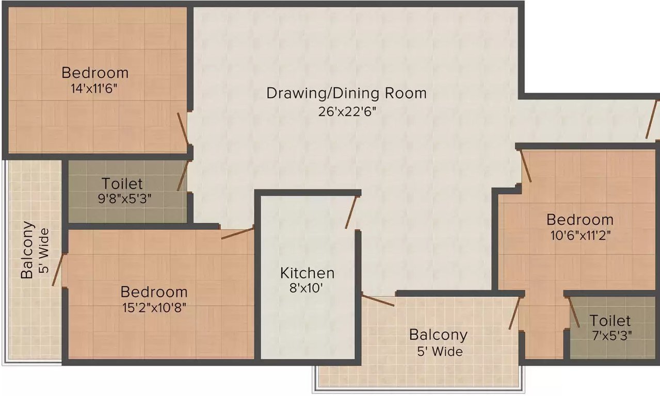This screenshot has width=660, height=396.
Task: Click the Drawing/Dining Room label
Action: (346, 93)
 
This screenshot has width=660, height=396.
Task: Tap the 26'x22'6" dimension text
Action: (346, 111)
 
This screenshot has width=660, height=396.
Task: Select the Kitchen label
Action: (307, 273)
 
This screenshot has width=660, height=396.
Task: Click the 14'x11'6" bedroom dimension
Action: (95, 88)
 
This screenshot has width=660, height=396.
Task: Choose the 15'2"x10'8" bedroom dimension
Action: (154, 308)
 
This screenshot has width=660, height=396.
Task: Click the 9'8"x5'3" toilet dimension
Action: (122, 198)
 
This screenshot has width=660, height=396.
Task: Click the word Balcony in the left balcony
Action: (27, 250)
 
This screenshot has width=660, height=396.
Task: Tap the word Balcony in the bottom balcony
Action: (438, 335)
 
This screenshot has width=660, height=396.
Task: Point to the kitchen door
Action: (351, 212)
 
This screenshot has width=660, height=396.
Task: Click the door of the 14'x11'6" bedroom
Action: (182, 128)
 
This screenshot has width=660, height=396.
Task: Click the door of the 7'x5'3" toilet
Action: (574, 312)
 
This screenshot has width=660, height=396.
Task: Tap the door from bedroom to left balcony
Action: (57, 270)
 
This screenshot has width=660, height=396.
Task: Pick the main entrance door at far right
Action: (651, 120)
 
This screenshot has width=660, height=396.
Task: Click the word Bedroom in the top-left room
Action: (95, 72)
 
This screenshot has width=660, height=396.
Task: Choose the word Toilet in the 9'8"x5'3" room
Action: (122, 184)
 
